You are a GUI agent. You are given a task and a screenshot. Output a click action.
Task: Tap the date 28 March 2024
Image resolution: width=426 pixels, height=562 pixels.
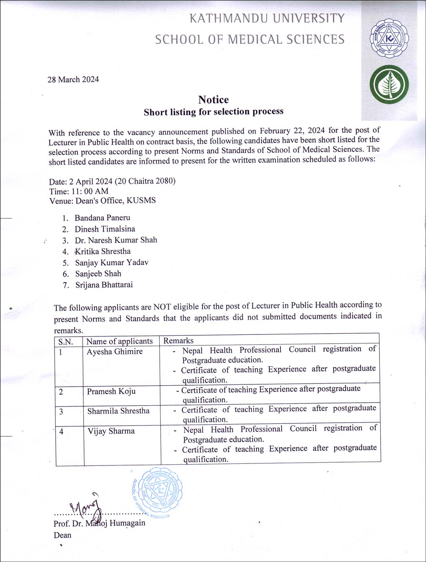point(73,79)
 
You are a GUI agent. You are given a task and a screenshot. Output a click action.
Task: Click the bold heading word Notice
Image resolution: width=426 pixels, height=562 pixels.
point(213,100)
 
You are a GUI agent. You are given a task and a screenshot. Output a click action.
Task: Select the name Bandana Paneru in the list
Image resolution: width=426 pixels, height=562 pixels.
point(102,218)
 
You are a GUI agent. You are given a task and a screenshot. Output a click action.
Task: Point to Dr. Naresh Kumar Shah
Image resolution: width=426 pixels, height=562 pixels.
point(116,240)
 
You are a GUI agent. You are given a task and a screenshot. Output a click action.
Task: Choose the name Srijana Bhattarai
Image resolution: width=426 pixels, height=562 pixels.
point(104,285)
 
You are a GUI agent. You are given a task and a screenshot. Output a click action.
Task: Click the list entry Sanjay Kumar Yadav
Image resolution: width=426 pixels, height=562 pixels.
point(111,262)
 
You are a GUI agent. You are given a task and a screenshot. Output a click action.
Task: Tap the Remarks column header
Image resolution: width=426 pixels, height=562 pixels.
point(178,340)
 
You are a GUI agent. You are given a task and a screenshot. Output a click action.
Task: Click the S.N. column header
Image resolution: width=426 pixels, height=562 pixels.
point(66,342)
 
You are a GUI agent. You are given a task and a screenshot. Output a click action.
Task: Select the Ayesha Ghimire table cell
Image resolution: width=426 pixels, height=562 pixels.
point(114,352)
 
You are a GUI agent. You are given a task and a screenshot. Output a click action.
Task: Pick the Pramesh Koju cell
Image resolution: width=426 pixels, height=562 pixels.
point(111,391)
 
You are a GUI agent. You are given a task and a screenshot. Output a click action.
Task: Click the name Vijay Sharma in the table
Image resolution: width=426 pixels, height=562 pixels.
point(111,431)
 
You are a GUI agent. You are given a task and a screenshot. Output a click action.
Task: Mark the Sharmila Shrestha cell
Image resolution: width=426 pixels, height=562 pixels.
point(118,411)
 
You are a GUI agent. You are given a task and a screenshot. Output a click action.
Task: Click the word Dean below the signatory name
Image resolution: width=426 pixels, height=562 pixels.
point(62,535)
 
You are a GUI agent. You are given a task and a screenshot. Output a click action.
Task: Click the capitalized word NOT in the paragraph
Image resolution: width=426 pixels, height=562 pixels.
point(162,307)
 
